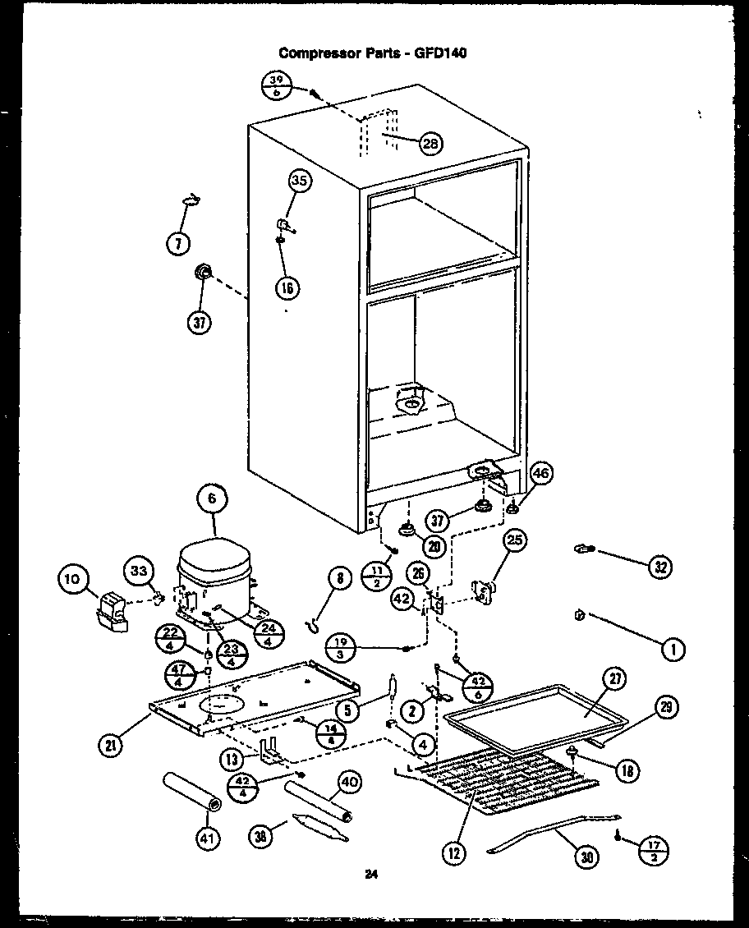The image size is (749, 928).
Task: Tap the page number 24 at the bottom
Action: (372, 875)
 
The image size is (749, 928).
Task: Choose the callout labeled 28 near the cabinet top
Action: (429, 143)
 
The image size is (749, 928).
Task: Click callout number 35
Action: (300, 181)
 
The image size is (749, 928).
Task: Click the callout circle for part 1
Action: (673, 650)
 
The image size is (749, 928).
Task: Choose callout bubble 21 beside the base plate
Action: (111, 746)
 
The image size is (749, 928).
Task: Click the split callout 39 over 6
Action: (276, 85)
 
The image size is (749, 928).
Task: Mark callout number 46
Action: (540, 473)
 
